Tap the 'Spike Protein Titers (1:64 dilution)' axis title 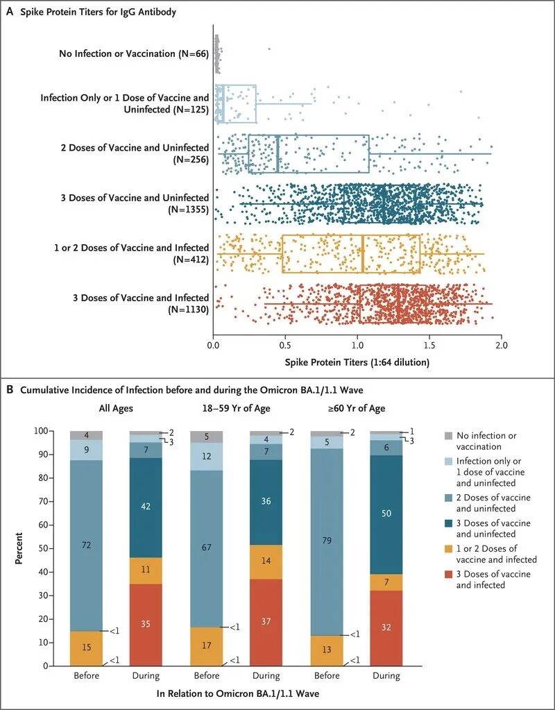(x=357, y=362)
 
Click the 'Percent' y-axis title (x=22, y=548)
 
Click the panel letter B (x=10, y=391)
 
